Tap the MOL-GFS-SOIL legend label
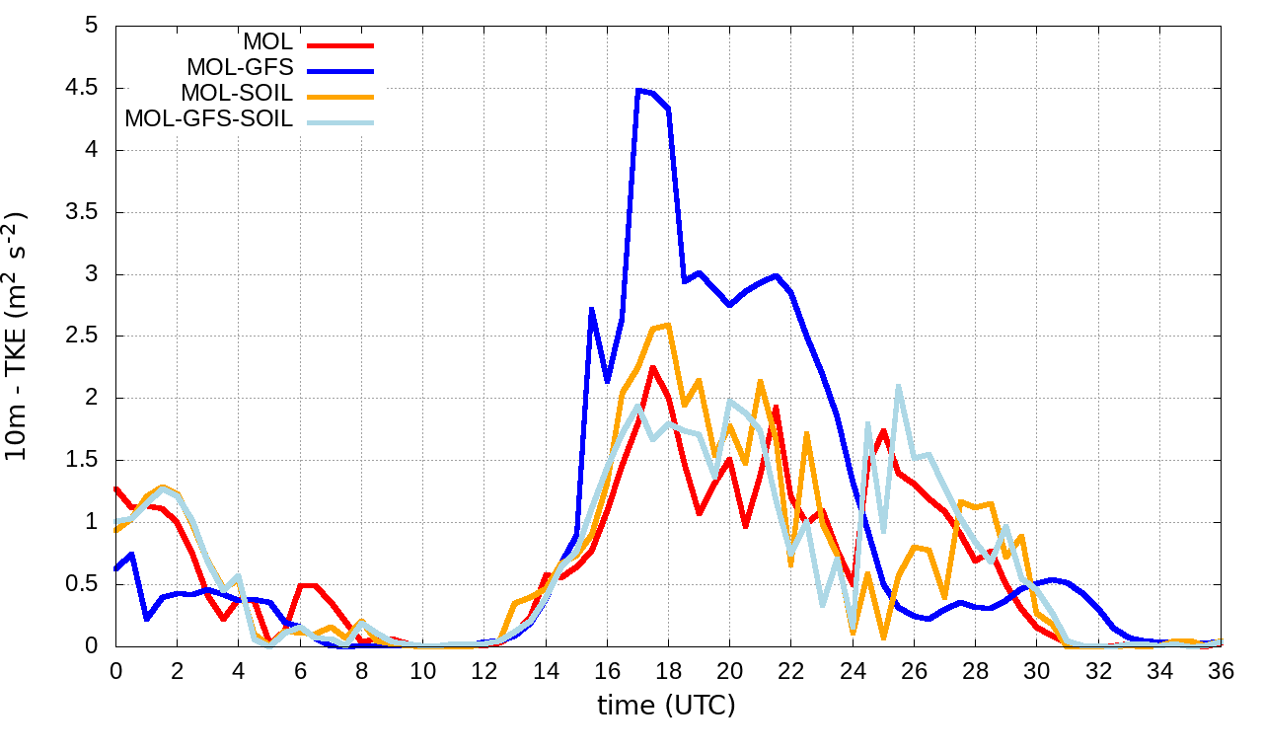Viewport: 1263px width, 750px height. [209, 119]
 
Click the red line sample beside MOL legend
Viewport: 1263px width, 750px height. [341, 44]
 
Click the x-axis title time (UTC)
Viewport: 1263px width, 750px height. [667, 706]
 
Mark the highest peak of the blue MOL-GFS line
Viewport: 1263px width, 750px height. [638, 90]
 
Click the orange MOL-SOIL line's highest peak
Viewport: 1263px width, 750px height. [668, 325]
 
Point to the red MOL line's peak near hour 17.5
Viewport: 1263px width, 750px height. [653, 367]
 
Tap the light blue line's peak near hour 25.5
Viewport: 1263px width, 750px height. [899, 386]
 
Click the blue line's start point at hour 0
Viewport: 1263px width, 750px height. [116, 568]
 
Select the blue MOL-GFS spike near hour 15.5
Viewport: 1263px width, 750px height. [591, 309]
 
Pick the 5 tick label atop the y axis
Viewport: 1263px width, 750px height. [92, 26]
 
